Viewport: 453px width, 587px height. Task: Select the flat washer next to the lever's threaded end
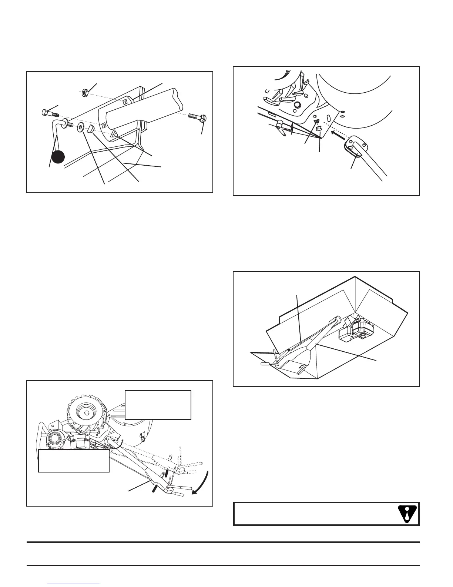(x=80, y=129)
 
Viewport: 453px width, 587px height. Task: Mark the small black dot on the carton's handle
(x=288, y=350)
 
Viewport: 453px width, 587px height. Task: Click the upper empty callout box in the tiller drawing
(x=158, y=405)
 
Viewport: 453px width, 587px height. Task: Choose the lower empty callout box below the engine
(x=74, y=461)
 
